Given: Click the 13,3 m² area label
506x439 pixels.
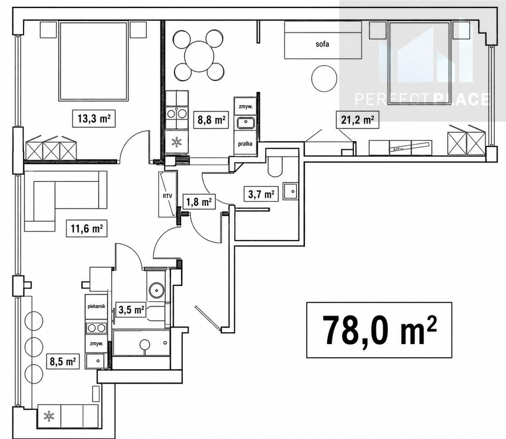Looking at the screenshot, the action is click(x=94, y=118).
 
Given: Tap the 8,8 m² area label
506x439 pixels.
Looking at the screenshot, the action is click(x=211, y=120).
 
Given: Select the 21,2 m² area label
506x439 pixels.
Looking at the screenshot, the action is click(x=358, y=120).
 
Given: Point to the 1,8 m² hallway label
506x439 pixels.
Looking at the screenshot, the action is click(x=199, y=202).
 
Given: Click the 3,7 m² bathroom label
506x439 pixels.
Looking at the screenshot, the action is click(x=262, y=194).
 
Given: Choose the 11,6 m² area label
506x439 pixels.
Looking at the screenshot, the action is click(x=87, y=229).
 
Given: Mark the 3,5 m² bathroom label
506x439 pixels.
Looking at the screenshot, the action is click(x=131, y=310).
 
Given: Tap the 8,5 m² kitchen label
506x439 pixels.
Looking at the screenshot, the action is click(x=63, y=361).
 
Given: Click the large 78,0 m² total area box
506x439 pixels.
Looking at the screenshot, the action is click(x=379, y=330).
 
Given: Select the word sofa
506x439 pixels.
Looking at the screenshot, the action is click(x=322, y=43).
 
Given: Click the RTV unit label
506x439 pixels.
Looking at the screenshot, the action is click(x=167, y=195).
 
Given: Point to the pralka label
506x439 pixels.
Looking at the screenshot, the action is click(x=245, y=143).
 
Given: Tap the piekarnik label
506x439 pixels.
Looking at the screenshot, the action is click(x=96, y=306).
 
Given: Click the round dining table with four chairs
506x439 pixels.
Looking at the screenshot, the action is click(x=199, y=55).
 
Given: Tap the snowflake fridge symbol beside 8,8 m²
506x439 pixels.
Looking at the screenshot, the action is click(x=176, y=141).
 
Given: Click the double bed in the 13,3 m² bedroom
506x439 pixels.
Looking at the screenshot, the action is click(x=93, y=61).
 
